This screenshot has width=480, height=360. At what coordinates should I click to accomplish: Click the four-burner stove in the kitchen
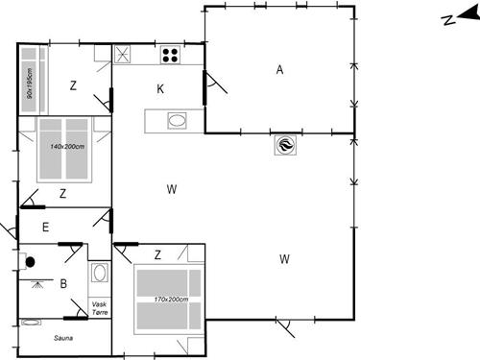point(171,55)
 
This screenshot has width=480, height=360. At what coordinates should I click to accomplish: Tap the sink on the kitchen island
point(177,121)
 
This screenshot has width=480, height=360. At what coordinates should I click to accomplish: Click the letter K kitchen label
point(161,89)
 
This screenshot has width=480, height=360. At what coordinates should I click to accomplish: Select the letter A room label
point(280,69)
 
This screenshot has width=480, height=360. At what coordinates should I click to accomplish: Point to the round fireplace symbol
point(285,145)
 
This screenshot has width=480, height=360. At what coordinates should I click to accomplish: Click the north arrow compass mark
point(448,19)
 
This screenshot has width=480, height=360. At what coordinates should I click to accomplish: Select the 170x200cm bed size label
point(168,300)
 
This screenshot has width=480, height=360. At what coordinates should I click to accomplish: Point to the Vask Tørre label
point(99,307)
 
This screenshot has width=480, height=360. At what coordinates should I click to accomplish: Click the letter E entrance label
point(45,228)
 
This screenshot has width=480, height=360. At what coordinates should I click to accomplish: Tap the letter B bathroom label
point(62,283)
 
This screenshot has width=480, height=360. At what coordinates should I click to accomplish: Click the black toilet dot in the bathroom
point(32,260)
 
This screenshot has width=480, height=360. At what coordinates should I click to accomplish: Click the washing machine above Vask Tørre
point(98,273)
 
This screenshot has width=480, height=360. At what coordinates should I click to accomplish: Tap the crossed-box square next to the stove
point(123,55)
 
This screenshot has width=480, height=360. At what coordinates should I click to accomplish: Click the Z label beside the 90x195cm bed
point(73,85)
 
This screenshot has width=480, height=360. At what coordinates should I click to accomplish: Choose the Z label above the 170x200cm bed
point(157,254)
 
